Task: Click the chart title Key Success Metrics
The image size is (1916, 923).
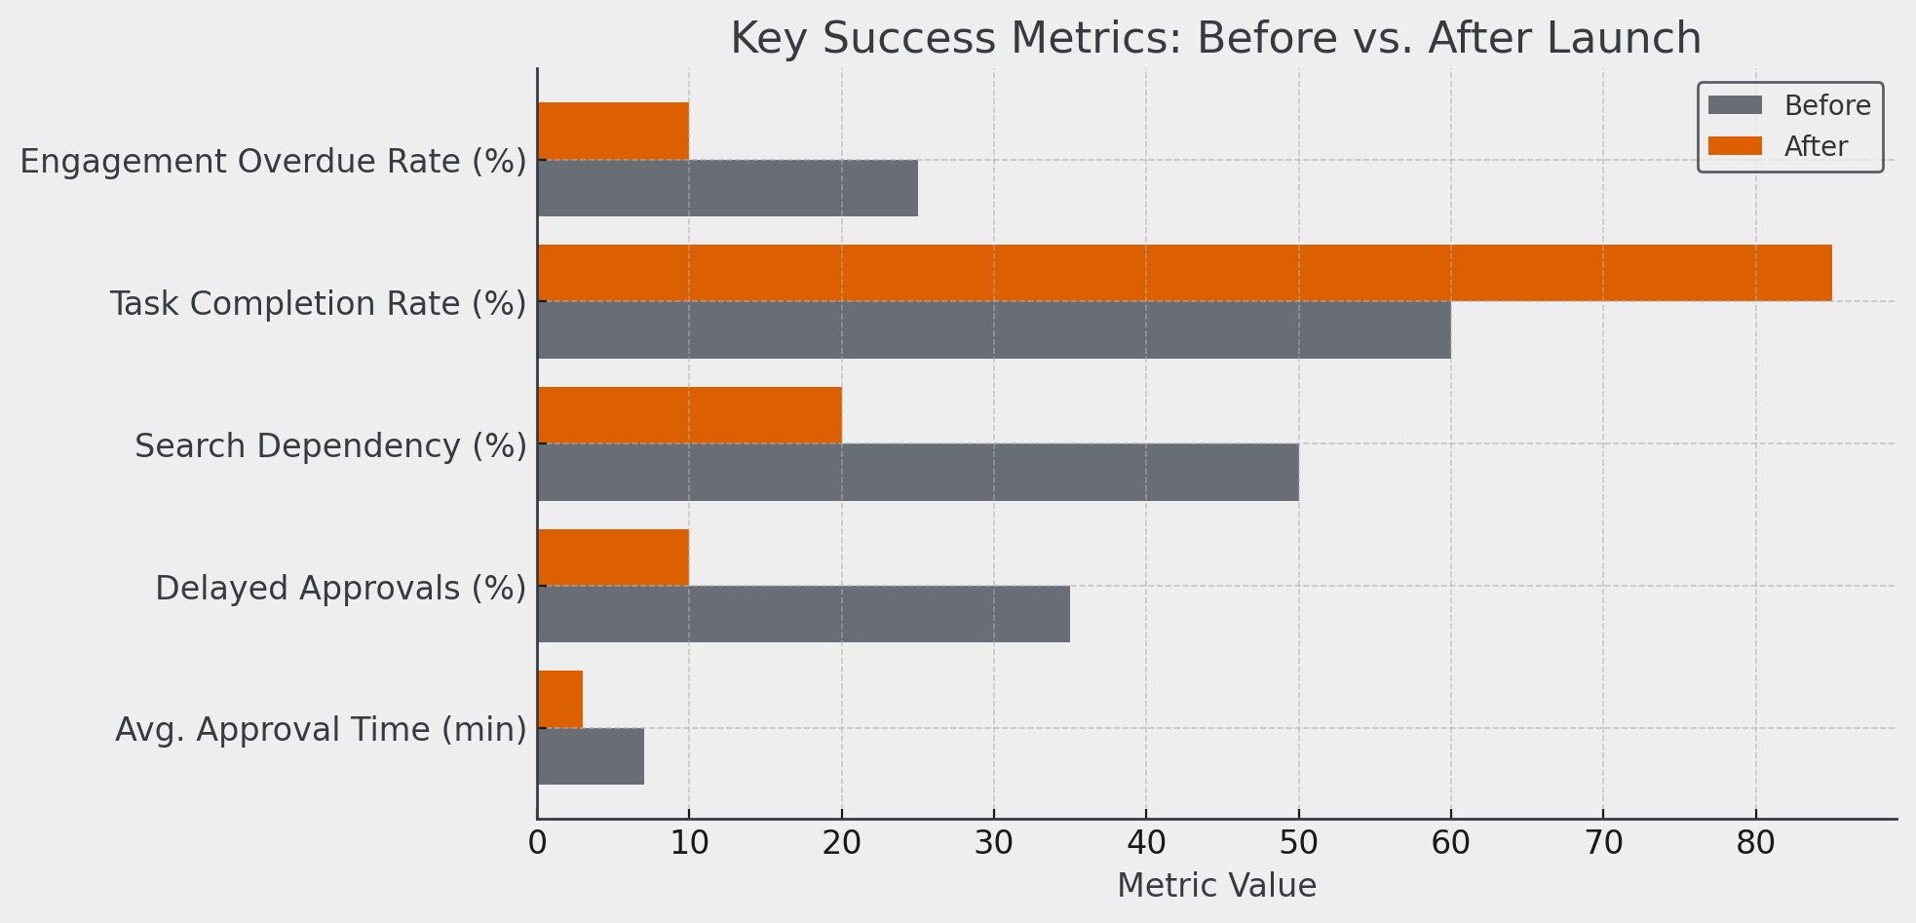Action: click(1215, 39)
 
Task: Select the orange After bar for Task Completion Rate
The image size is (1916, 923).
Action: click(1184, 273)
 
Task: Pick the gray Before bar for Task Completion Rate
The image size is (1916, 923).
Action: click(994, 329)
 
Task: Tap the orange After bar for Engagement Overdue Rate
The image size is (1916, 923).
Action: click(613, 131)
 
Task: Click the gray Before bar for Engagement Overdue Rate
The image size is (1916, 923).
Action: click(727, 187)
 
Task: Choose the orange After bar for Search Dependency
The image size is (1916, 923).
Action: click(689, 415)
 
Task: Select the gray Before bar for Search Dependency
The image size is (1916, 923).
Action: click(917, 472)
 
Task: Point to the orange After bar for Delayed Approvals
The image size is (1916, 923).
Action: click(613, 557)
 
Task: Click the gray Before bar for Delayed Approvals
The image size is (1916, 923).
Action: click(803, 614)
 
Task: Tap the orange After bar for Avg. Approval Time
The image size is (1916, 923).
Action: click(560, 699)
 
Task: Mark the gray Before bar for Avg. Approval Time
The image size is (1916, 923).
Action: click(591, 755)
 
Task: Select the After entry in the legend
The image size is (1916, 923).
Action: click(1815, 146)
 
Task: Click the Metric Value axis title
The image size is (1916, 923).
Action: click(1216, 885)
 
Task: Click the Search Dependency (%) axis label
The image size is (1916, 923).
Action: click(330, 445)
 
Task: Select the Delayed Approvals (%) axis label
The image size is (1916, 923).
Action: click(340, 588)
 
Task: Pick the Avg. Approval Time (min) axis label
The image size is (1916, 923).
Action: click(321, 729)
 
